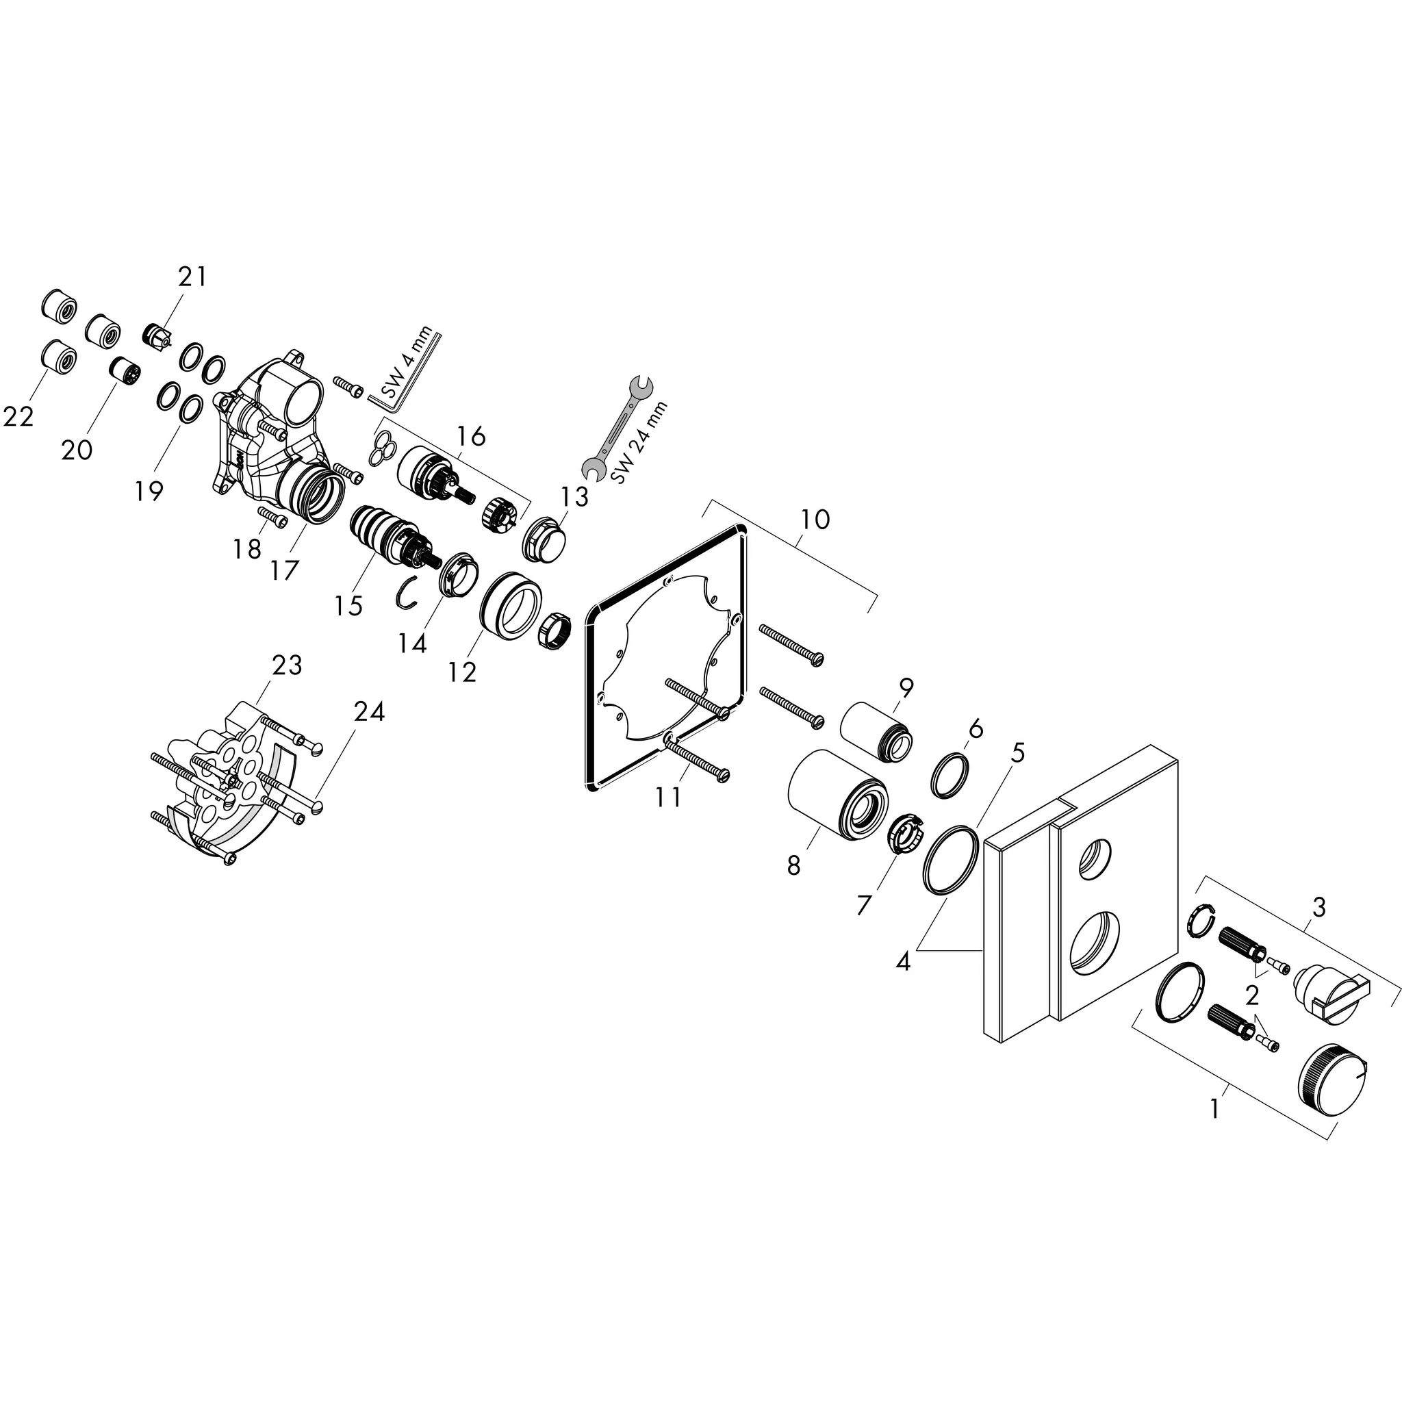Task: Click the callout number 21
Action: (x=192, y=277)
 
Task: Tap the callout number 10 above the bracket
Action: (x=815, y=520)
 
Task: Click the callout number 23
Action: (x=287, y=665)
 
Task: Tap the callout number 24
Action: (x=369, y=712)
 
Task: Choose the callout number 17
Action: (x=285, y=570)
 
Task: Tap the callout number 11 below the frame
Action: (x=667, y=797)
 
